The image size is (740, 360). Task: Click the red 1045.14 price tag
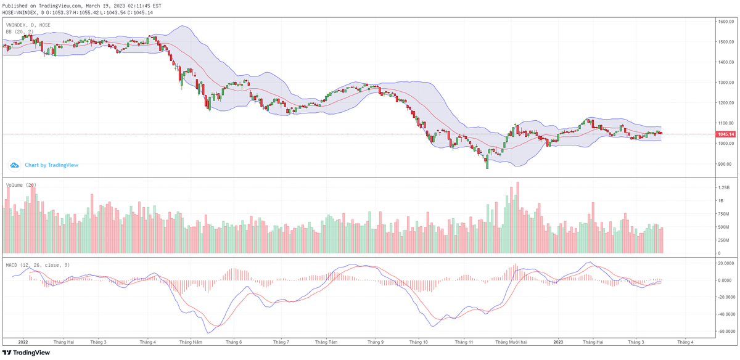725,134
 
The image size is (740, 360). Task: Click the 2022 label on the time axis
23,342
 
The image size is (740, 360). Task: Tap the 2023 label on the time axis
558,342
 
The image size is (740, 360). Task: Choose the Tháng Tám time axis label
326,342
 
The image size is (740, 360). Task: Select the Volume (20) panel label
21,185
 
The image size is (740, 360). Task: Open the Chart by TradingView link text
51,165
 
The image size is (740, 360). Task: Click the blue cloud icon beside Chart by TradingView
14,165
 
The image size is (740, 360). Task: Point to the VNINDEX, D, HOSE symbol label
28,25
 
